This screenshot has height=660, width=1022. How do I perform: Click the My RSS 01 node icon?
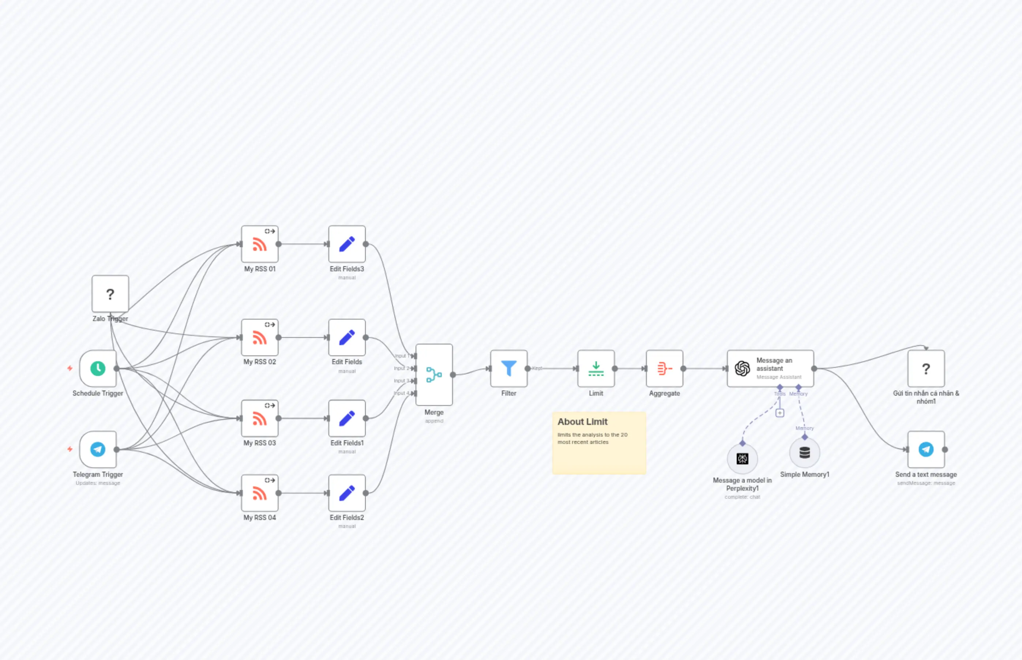(x=260, y=244)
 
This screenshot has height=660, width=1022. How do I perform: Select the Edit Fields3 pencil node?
(x=347, y=244)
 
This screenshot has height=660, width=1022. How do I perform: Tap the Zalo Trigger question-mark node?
(x=110, y=294)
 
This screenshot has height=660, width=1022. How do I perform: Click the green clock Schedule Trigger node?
(x=98, y=369)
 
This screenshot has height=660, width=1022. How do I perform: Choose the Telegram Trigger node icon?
(x=98, y=449)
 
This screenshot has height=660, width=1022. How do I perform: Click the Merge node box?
(x=434, y=374)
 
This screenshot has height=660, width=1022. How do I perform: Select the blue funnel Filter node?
(x=509, y=369)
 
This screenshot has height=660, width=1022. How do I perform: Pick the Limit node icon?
(x=596, y=369)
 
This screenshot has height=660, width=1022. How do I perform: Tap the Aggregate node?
(x=665, y=369)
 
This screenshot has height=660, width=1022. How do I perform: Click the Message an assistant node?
(x=770, y=369)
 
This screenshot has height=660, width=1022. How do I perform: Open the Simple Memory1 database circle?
(x=805, y=453)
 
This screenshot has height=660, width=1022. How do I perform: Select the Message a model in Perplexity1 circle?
(x=743, y=459)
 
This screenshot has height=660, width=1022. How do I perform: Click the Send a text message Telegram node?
(x=926, y=449)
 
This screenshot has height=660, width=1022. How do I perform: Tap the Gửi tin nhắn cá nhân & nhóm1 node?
(x=926, y=369)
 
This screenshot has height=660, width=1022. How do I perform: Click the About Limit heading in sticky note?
(x=582, y=422)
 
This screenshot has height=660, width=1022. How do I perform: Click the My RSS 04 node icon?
(x=260, y=493)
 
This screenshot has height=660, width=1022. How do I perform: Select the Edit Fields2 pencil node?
(x=347, y=493)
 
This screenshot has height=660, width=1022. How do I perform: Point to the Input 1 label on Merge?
(x=401, y=356)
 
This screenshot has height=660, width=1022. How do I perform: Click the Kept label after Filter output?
(x=537, y=368)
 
